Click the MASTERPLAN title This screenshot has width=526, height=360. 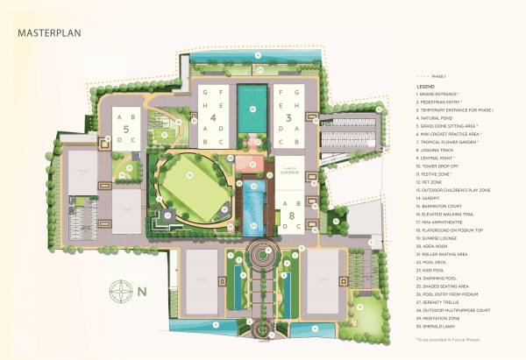tap(48, 33)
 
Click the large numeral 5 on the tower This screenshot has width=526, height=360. tap(124, 129)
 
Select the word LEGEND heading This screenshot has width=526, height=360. tap(427, 88)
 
